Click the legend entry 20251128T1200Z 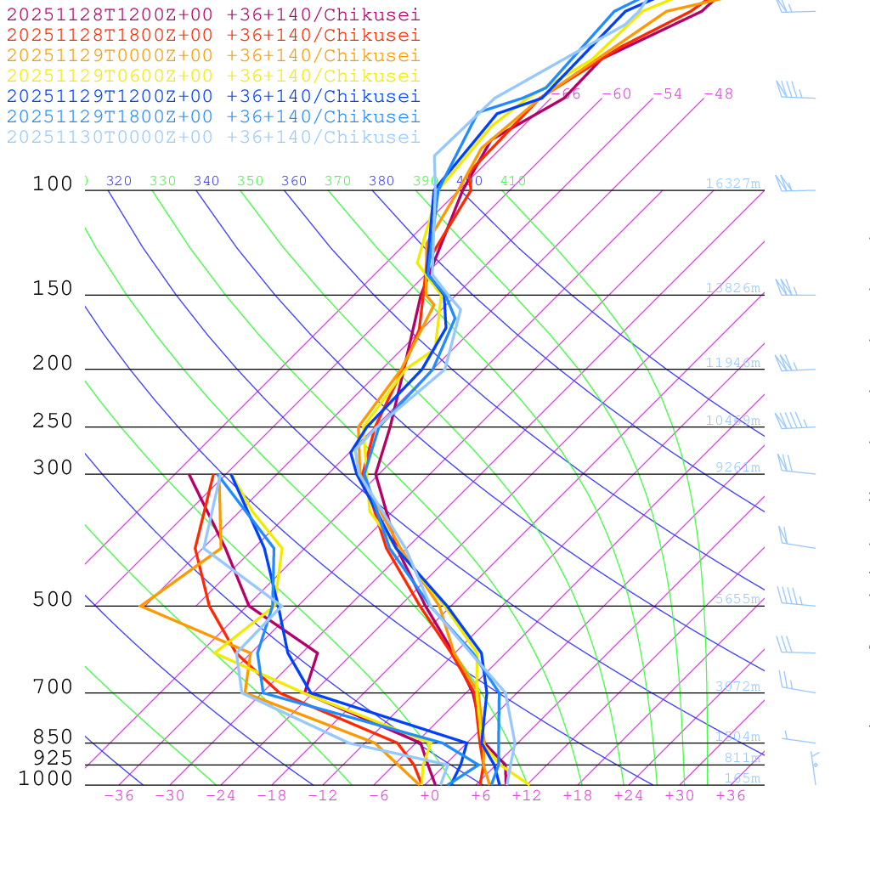coord(213,14)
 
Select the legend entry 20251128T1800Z coord(213,35)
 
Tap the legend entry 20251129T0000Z coord(213,55)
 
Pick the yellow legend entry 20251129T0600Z coord(213,76)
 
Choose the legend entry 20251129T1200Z coord(213,96)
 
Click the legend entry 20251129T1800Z coord(213,116)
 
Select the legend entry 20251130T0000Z coord(213,137)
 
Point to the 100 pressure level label coord(53,184)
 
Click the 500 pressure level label coord(53,600)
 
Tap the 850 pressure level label coord(53,737)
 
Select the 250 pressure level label coord(53,421)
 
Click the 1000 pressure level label coord(46,779)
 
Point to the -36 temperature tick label coord(119,796)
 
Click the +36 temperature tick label coord(731,796)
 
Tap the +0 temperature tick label coord(430,796)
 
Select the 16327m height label coord(732,184)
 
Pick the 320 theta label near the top coord(119,181)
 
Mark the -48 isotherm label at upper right coord(718,93)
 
